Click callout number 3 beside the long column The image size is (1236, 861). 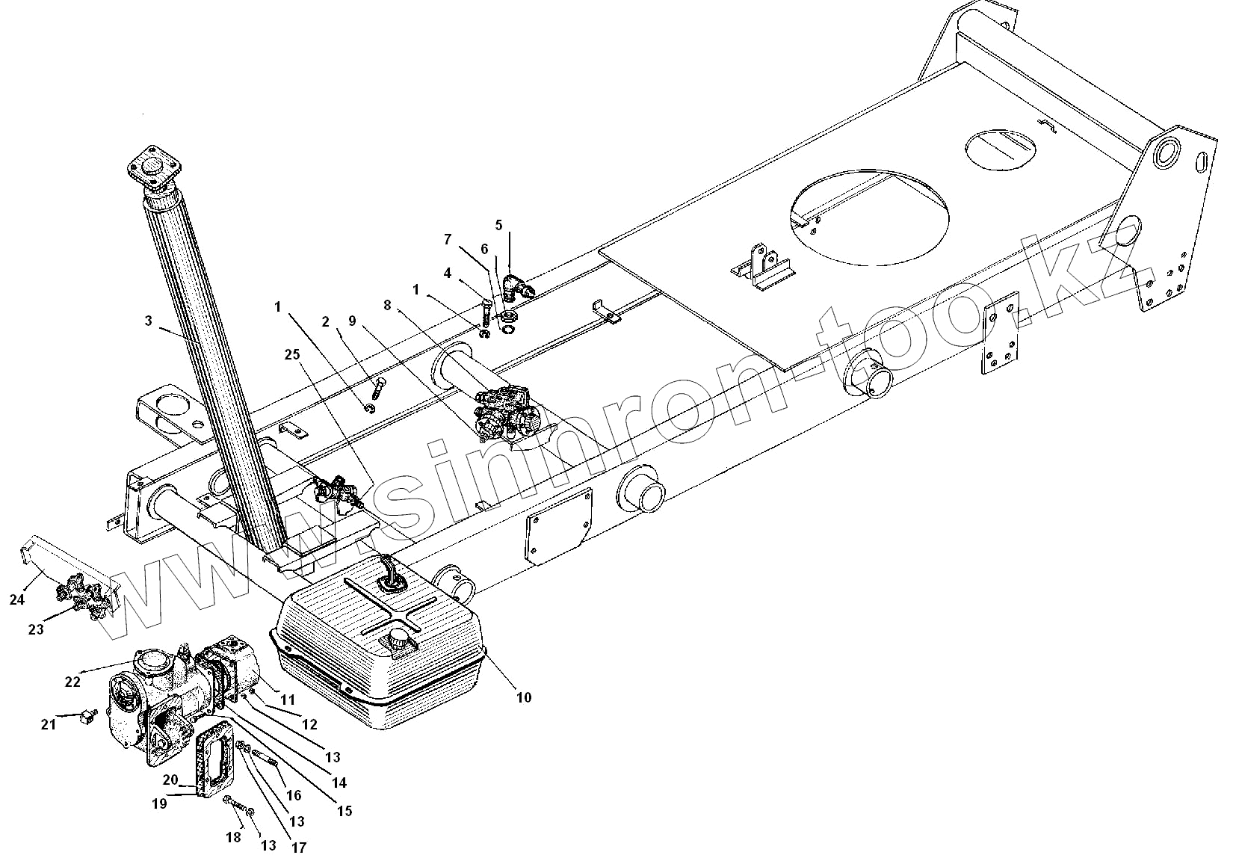point(149,321)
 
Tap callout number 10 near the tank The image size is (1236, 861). point(523,697)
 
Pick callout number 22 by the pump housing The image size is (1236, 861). point(72,681)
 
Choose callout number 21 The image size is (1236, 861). point(49,723)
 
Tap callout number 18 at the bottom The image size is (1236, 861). point(233,838)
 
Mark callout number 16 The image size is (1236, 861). point(294,795)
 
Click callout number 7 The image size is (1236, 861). point(448,239)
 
